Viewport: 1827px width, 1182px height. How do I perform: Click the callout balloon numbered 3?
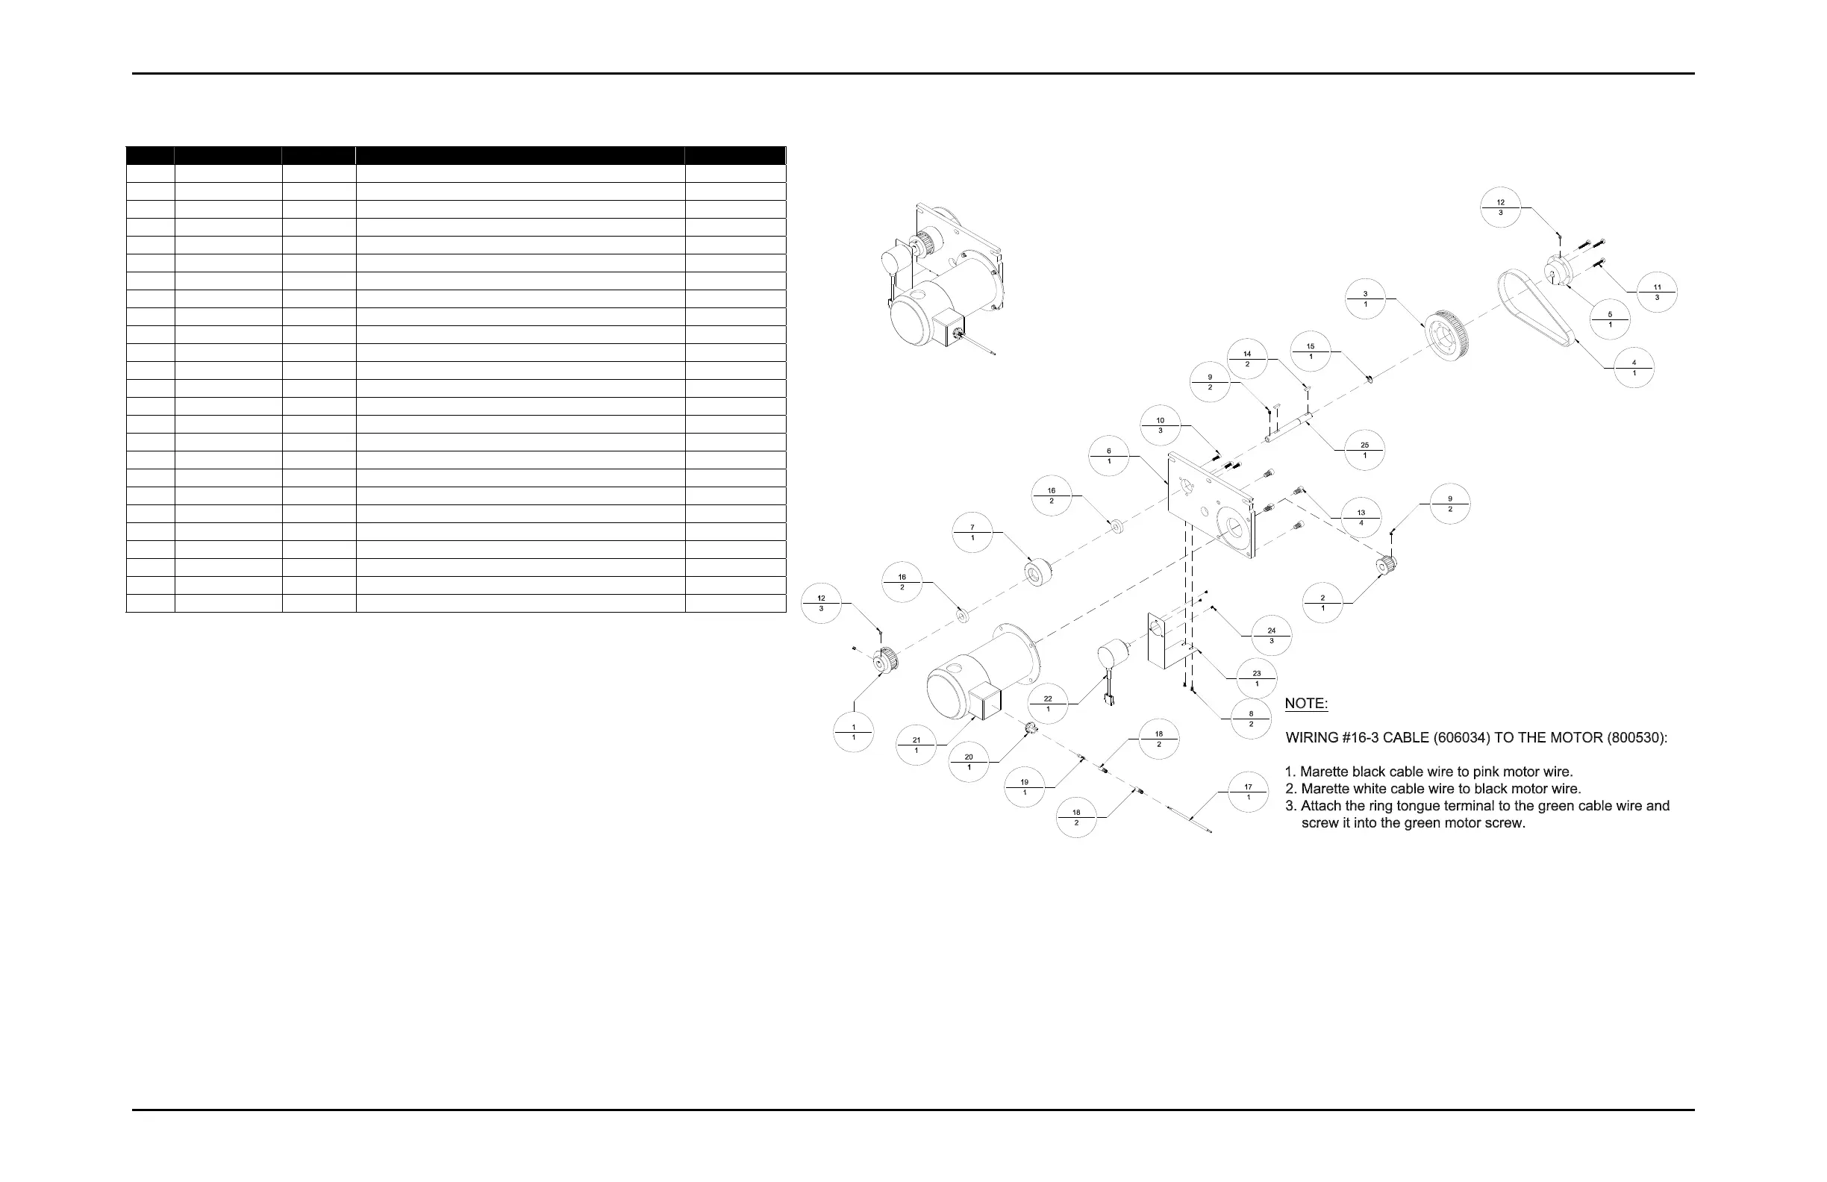pyautogui.click(x=1365, y=298)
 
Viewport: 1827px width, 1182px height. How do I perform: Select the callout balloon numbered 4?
pyautogui.click(x=1634, y=368)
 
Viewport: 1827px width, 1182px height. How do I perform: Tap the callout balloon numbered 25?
pyautogui.click(x=1364, y=450)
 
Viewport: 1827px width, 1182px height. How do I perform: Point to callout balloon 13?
pyautogui.click(x=1361, y=517)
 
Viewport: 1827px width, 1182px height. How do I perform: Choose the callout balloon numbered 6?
pyautogui.click(x=1108, y=456)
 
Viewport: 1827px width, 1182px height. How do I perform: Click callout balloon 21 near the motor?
pyautogui.click(x=916, y=745)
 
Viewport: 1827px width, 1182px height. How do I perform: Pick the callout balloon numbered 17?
pyautogui.click(x=1247, y=791)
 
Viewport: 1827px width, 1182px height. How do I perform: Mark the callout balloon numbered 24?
pyautogui.click(x=1271, y=636)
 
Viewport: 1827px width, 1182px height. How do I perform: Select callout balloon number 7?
pyautogui.click(x=972, y=533)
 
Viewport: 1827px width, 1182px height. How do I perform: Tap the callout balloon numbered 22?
pyautogui.click(x=1048, y=703)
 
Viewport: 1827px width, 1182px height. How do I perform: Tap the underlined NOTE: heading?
pyautogui.click(x=1306, y=704)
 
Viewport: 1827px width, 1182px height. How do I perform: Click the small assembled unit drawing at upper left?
pyautogui.click(x=940, y=280)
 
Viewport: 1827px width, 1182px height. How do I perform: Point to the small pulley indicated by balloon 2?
pyautogui.click(x=1387, y=565)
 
